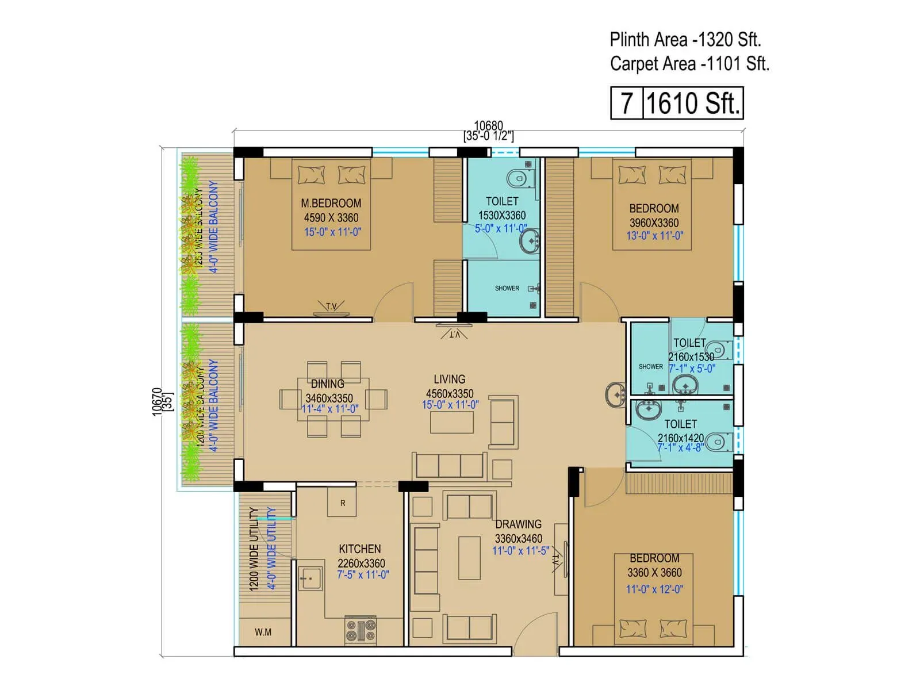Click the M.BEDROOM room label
331,203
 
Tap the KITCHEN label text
359,549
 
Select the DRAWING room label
518,524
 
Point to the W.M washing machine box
263,632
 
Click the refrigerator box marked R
342,503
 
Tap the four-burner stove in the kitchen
361,630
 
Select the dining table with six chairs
333,399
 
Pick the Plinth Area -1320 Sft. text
685,40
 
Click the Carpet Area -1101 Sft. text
689,63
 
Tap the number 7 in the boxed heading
626,103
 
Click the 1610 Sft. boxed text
693,103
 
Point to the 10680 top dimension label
488,125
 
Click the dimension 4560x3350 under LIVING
450,393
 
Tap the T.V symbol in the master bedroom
332,308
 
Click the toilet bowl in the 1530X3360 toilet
520,178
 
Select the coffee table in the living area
452,422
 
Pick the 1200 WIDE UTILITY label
254,549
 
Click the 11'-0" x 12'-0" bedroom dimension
654,589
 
